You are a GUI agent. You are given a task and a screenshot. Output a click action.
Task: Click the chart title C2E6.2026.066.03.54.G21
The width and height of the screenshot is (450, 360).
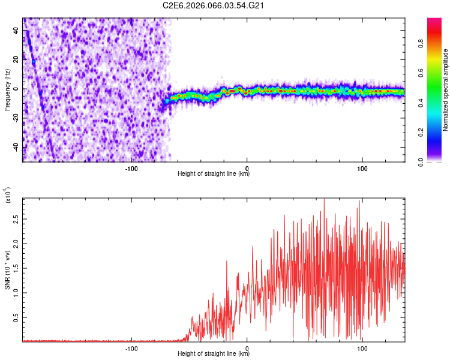point(214,5)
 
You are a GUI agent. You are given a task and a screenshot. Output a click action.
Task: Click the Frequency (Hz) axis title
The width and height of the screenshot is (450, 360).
point(7,90)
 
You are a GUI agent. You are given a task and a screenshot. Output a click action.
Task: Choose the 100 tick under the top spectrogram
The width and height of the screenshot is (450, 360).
point(362,169)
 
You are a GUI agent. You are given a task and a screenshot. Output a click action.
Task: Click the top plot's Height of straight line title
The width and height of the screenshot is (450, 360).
point(214,174)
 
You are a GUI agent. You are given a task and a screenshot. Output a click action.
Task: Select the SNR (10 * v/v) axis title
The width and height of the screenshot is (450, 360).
point(8,270)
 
